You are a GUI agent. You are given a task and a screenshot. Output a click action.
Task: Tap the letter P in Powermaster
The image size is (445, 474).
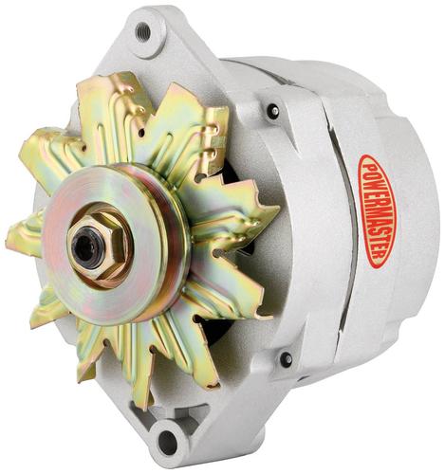368,165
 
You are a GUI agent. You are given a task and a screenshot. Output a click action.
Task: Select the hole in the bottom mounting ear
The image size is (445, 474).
167,440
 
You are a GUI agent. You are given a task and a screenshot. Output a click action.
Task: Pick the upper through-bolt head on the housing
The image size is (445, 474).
274,110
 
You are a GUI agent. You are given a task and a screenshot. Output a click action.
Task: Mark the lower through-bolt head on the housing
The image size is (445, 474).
287,359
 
